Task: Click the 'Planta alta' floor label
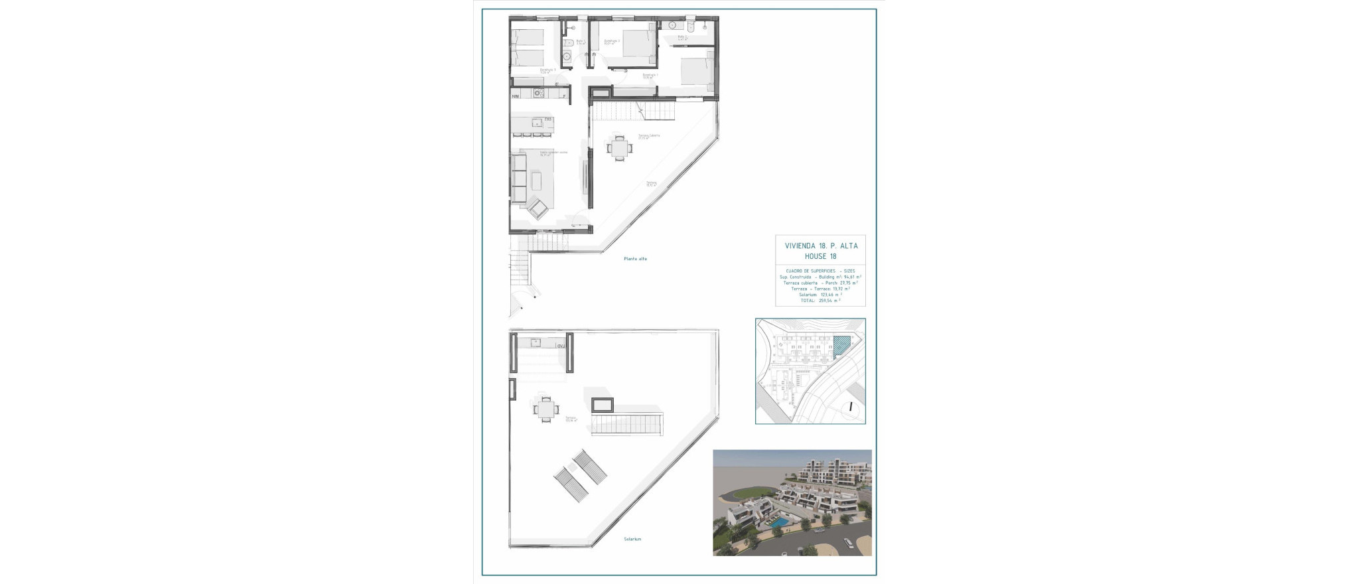point(635,259)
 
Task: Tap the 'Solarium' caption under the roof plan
point(632,539)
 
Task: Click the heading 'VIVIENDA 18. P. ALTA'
point(821,246)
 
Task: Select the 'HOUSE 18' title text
point(821,256)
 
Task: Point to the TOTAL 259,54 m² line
point(820,301)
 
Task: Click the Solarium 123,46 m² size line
point(820,295)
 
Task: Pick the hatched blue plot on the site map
point(841,346)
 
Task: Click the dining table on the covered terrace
point(619,148)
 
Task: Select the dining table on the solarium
point(545,409)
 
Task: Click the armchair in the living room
point(537,209)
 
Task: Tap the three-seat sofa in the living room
point(518,177)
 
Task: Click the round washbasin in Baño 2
point(672,25)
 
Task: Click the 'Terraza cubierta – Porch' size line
point(820,283)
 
